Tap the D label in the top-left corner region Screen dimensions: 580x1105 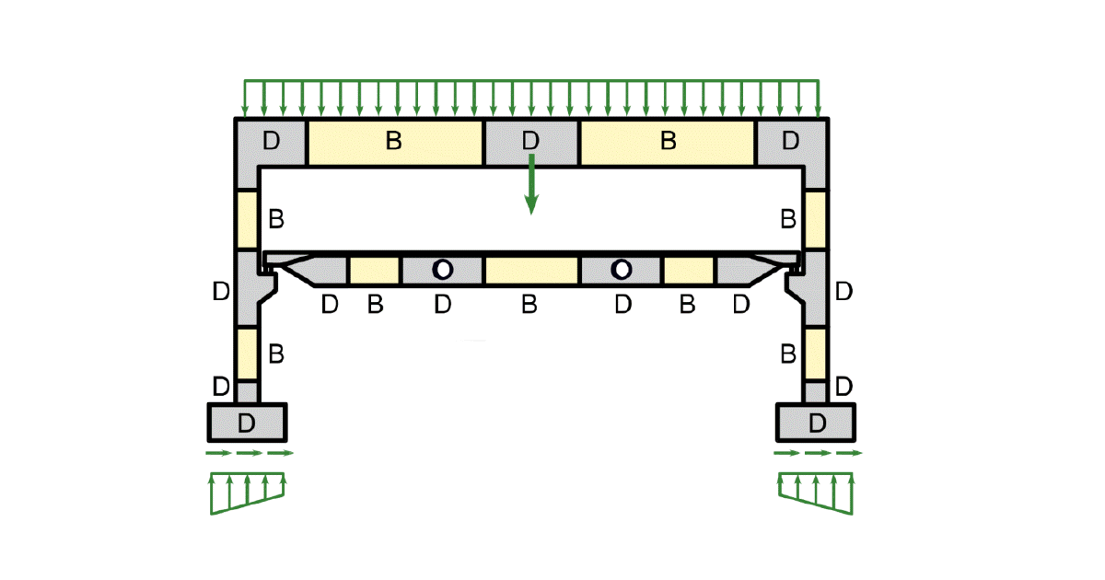tap(271, 142)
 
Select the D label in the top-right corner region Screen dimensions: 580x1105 tap(790, 142)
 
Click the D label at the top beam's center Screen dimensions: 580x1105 tap(529, 142)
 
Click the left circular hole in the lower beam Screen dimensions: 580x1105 tap(443, 270)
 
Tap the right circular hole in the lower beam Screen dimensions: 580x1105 tap(622, 270)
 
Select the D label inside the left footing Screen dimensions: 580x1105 tap(246, 423)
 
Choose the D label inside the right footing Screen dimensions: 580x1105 tap(817, 423)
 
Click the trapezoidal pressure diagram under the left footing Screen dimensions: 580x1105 tap(248, 494)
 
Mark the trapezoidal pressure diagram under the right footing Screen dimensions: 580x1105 tap(816, 494)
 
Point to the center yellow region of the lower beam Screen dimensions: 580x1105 tap(531, 271)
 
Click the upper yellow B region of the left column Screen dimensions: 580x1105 tap(247, 219)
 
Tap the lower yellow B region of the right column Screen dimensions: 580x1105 tap(815, 353)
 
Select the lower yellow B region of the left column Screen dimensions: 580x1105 tap(247, 353)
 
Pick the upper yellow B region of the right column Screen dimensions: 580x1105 tap(815, 219)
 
